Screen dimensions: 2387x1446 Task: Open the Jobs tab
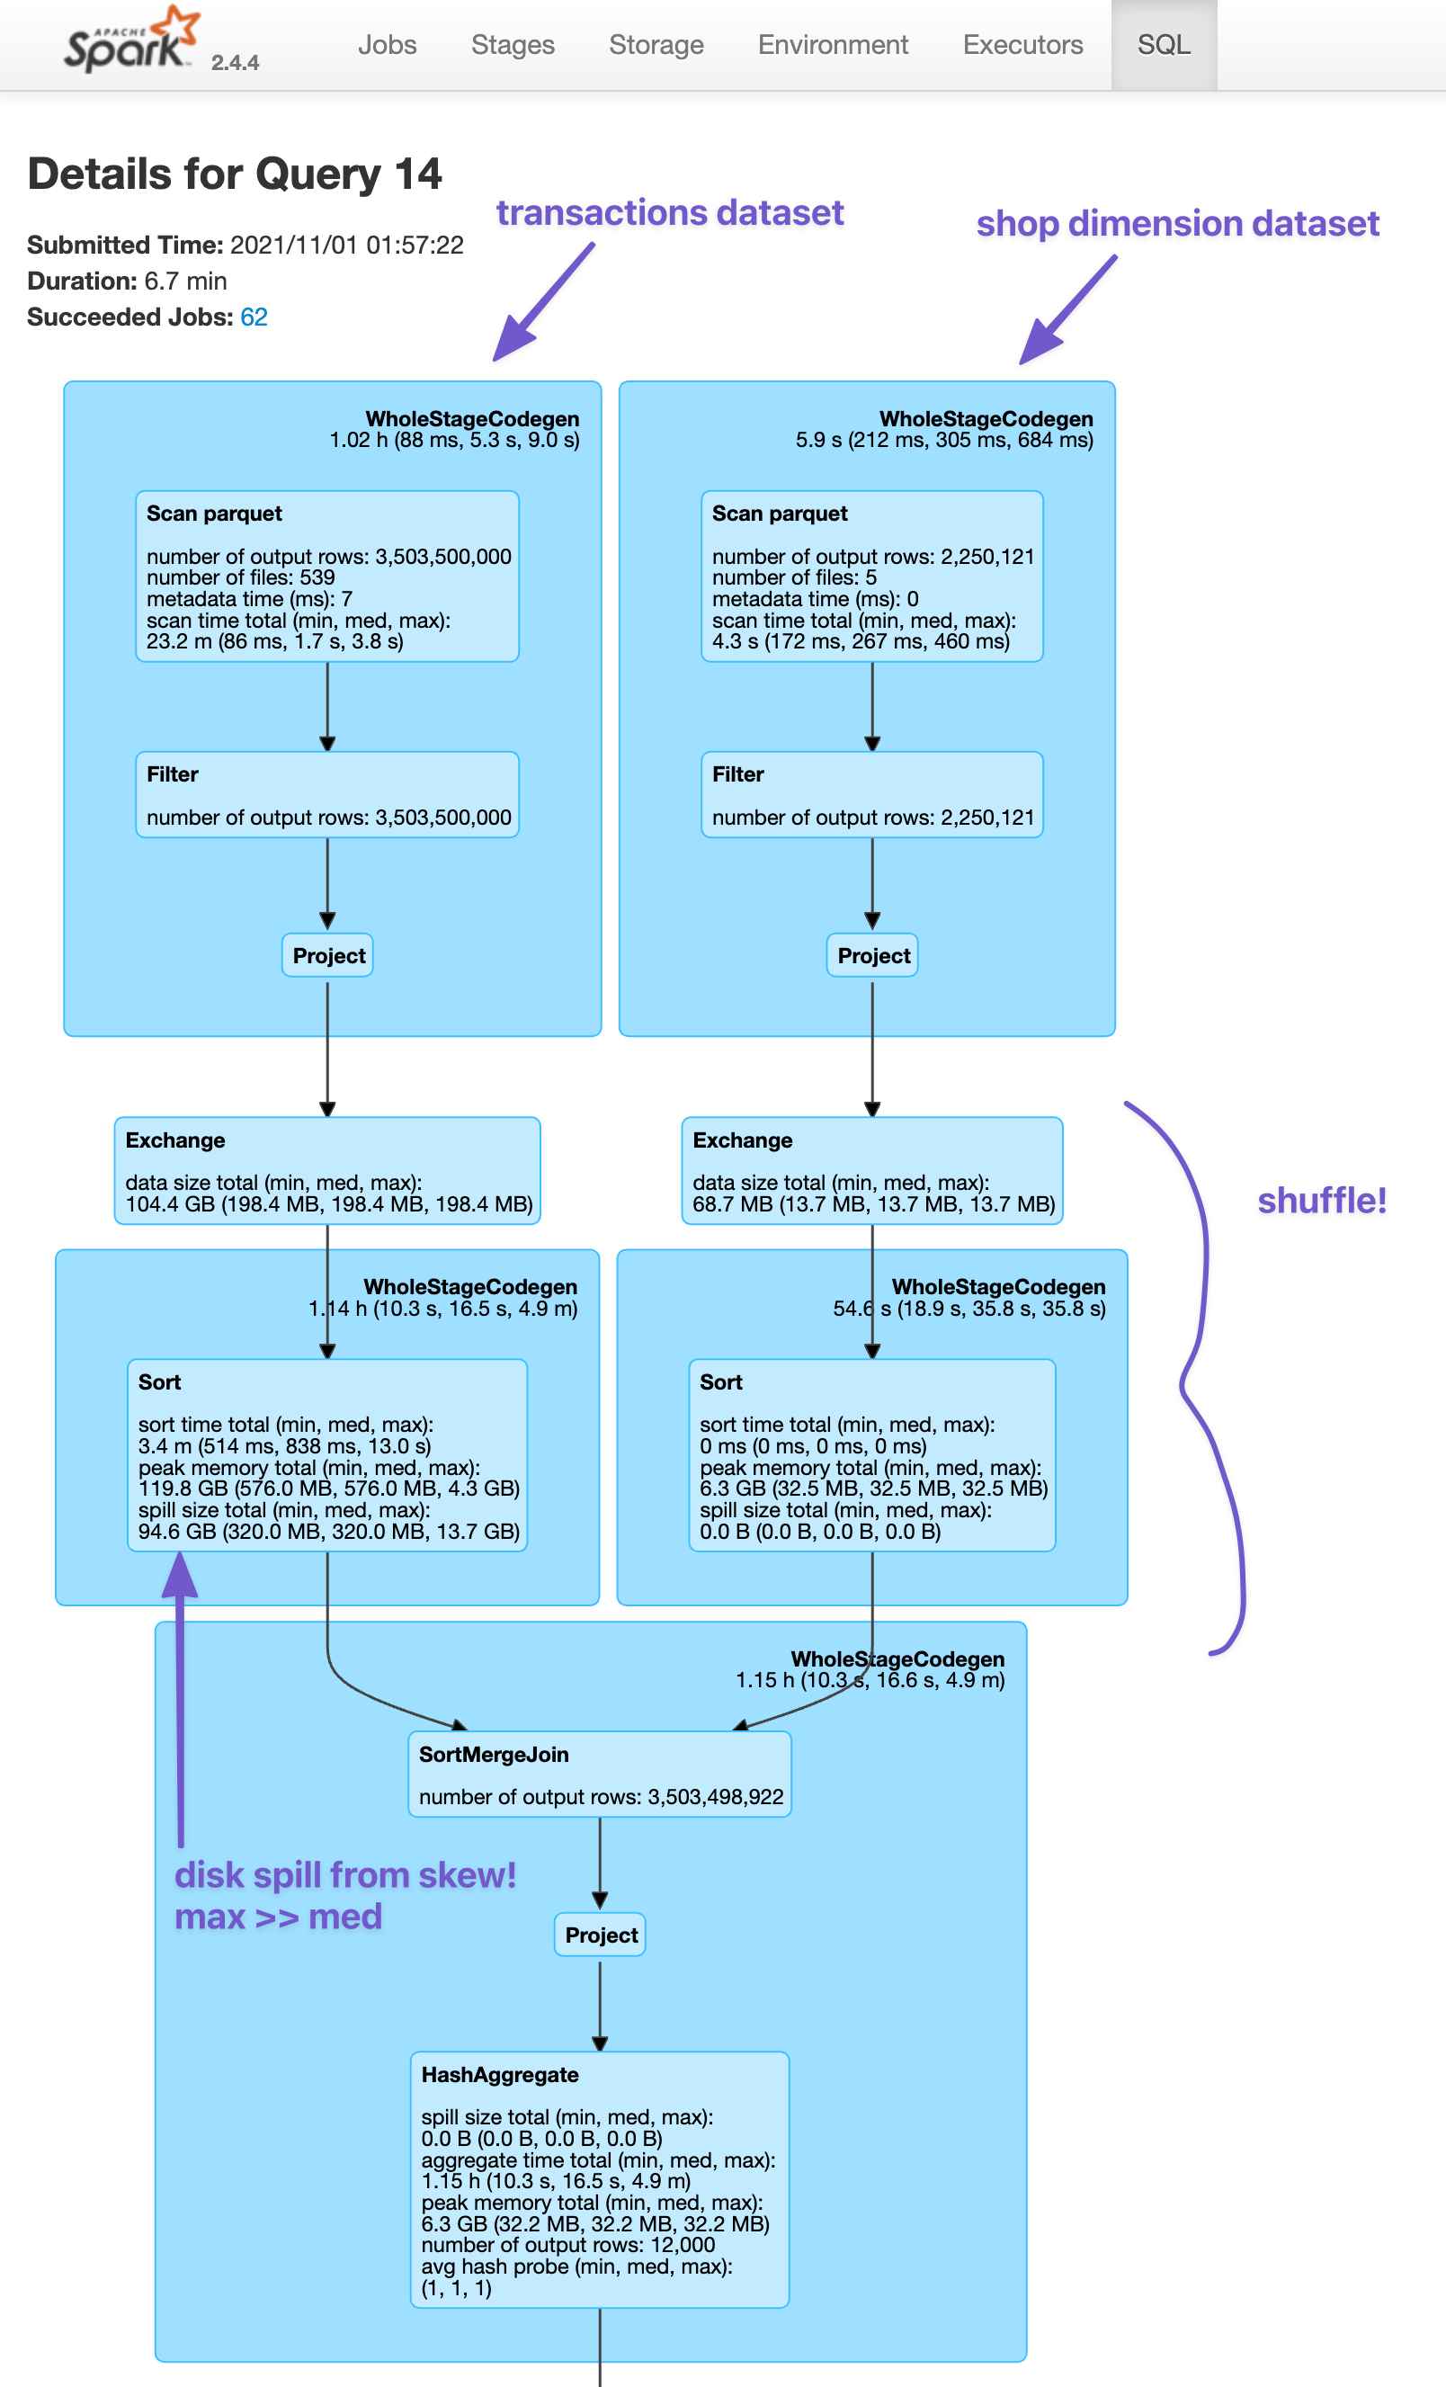pyautogui.click(x=387, y=45)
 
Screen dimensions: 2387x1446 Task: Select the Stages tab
pyautogui.click(x=513, y=45)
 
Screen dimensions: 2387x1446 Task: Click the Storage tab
pyautogui.click(x=656, y=45)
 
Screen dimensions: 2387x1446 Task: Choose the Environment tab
pyautogui.click(x=832, y=45)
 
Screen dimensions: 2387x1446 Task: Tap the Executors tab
pyautogui.click(x=1022, y=45)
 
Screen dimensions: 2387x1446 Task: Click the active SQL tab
pyautogui.click(x=1164, y=45)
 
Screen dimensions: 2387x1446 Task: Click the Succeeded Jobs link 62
pyautogui.click(x=254, y=317)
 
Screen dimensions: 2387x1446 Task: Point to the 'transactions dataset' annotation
pyautogui.click(x=669, y=212)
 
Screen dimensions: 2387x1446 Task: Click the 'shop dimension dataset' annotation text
pyautogui.click(x=1177, y=224)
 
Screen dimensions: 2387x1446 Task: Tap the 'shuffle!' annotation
pyautogui.click(x=1321, y=1201)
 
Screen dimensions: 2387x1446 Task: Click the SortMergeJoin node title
pyautogui.click(x=493, y=1755)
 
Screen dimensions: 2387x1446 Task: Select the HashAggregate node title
pyautogui.click(x=500, y=2074)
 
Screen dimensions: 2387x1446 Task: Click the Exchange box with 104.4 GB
pyautogui.click(x=327, y=1170)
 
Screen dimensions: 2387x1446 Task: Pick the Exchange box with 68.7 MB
pyautogui.click(x=871, y=1170)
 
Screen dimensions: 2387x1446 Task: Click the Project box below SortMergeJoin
pyautogui.click(x=601, y=1935)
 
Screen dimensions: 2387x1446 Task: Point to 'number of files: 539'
pyautogui.click(x=240, y=577)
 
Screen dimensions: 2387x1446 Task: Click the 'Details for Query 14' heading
pyautogui.click(x=235, y=175)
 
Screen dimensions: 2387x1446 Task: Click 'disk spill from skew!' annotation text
pyautogui.click(x=344, y=1874)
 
